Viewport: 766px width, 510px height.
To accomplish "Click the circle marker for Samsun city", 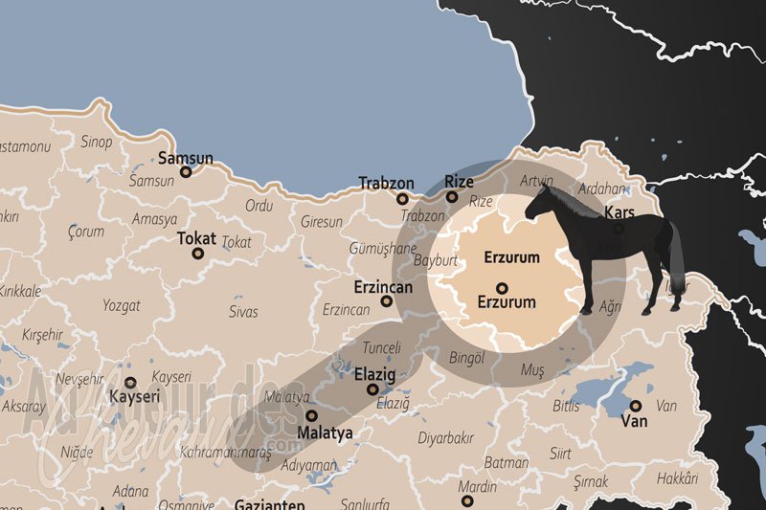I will (186, 173).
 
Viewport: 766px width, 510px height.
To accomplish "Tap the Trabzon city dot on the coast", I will (403, 199).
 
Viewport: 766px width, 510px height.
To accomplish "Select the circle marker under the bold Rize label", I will (452, 197).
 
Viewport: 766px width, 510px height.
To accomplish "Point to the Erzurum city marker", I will (501, 287).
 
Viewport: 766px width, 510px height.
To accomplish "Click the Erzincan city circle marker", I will (387, 301).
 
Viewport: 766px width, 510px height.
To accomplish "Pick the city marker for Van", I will (635, 406).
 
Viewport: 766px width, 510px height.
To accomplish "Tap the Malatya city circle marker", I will (311, 416).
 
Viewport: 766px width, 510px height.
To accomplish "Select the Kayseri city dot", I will (130, 382).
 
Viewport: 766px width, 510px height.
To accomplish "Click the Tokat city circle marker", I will (198, 254).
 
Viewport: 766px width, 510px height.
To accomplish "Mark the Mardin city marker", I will (465, 499).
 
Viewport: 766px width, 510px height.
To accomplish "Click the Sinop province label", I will (97, 143).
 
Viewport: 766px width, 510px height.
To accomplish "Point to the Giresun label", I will (321, 222).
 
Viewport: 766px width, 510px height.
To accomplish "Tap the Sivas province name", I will (243, 311).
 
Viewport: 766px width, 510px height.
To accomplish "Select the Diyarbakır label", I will (445, 437).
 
